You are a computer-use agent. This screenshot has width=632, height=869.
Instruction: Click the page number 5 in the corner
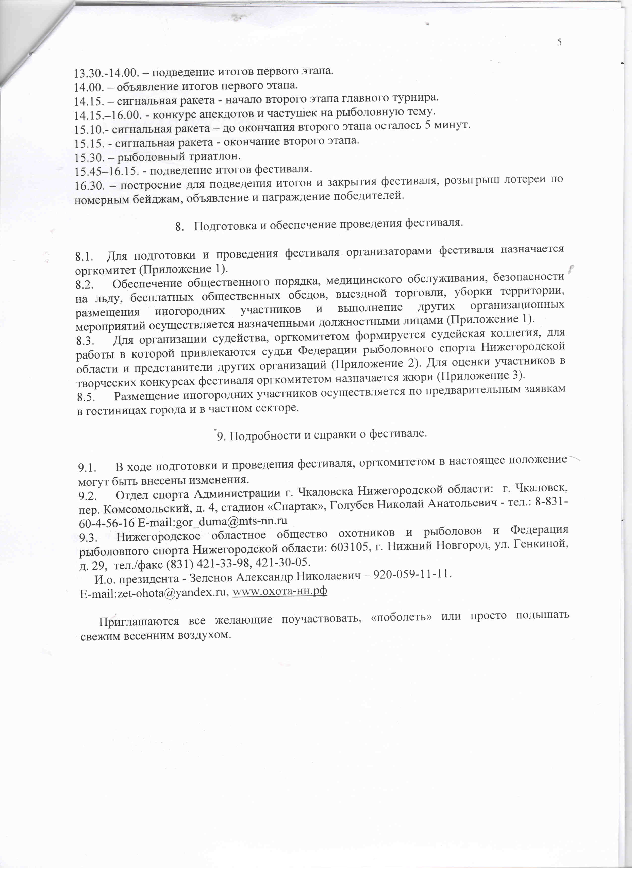(x=559, y=43)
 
